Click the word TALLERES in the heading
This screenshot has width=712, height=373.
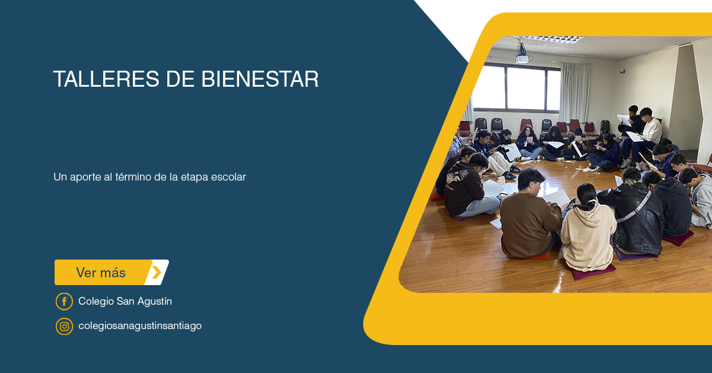pos(106,79)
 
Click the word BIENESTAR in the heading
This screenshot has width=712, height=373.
pos(260,79)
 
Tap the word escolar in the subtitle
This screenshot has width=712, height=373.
pos(229,177)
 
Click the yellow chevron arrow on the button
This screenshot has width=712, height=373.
pos(157,273)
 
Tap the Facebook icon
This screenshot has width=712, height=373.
pos(64,301)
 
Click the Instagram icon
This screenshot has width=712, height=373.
pos(64,326)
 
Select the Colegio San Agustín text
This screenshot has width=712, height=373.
pos(125,301)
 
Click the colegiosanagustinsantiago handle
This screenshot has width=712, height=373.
pos(140,326)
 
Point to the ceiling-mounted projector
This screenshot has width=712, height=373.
pos(522,54)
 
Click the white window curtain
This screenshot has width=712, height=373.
pos(576,92)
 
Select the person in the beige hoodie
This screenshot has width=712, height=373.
pos(587,229)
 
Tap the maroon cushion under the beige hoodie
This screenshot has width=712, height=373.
pos(593,271)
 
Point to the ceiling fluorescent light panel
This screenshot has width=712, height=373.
pos(552,40)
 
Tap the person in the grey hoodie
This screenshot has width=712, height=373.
pos(700,197)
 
